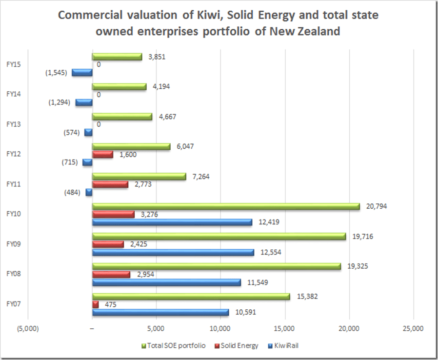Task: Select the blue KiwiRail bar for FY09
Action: click(173, 252)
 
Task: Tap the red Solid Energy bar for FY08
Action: click(111, 274)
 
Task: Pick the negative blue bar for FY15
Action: click(82, 72)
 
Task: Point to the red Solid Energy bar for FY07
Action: click(96, 304)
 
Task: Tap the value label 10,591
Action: click(246, 312)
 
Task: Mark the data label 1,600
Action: click(125, 154)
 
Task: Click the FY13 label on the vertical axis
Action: click(14, 124)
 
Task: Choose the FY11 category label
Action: click(14, 184)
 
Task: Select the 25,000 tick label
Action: click(414, 328)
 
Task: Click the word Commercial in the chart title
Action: click(87, 15)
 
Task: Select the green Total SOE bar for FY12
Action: click(132, 146)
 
